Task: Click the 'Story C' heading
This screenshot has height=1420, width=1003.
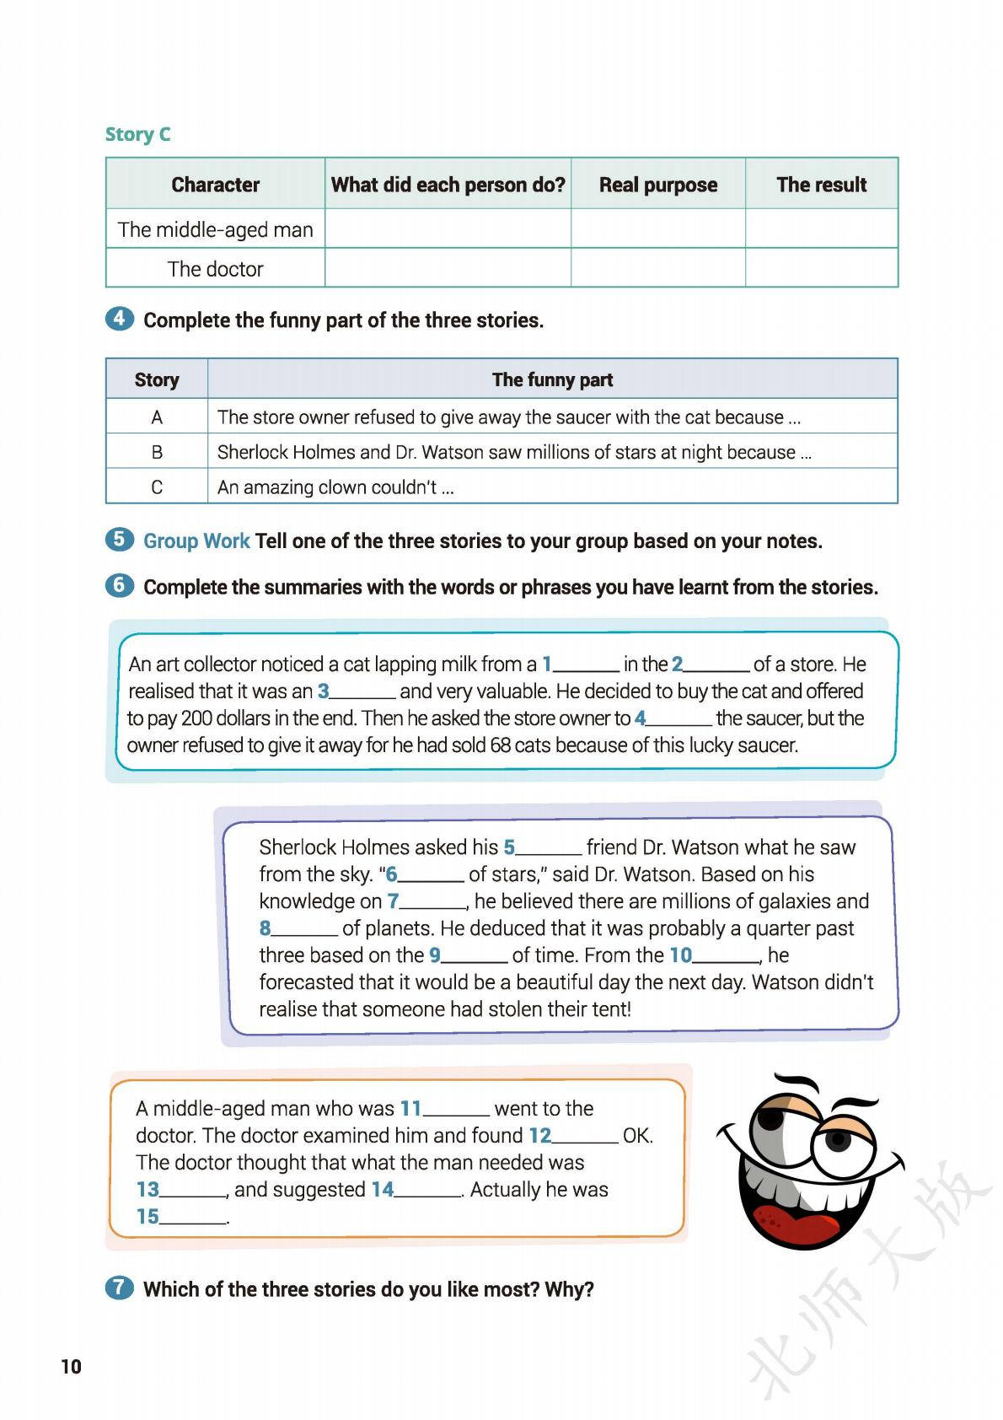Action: point(137,134)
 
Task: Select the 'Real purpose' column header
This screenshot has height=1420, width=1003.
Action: point(657,185)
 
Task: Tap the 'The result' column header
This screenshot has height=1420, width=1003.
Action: point(821,185)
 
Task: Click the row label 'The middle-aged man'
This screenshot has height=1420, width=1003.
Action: point(215,229)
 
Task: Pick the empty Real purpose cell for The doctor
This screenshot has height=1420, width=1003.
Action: point(657,268)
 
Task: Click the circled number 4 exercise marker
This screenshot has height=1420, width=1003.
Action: point(120,319)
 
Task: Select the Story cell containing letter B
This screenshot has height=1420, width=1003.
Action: point(157,452)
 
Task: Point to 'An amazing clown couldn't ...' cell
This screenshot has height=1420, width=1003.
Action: point(335,487)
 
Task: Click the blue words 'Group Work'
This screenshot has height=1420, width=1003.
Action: point(196,541)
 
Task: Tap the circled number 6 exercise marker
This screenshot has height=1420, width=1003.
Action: point(120,585)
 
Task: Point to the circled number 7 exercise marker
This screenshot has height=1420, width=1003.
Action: point(120,1288)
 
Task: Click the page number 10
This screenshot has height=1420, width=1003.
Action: point(71,1367)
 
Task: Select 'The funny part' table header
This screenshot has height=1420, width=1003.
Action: point(552,379)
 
